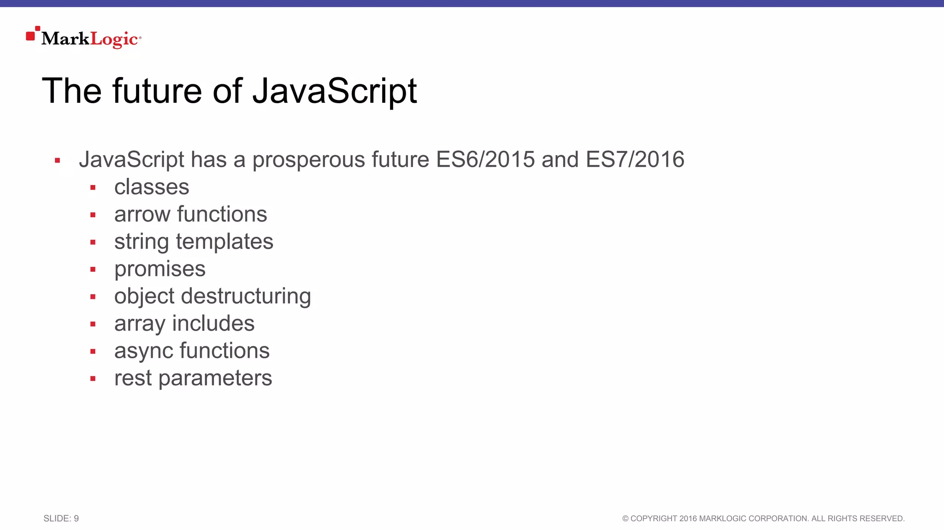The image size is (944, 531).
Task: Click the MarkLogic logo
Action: pyautogui.click(x=84, y=38)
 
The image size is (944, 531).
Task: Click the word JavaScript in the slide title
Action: pyautogui.click(x=335, y=91)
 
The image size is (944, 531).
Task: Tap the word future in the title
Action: pyautogui.click(x=157, y=91)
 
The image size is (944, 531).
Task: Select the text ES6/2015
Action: pyautogui.click(x=485, y=160)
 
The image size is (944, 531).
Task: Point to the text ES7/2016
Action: pyautogui.click(x=635, y=160)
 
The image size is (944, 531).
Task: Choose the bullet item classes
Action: pyautogui.click(x=152, y=187)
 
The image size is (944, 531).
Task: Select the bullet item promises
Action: pyautogui.click(x=159, y=269)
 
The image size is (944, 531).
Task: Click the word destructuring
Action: pyautogui.click(x=246, y=297)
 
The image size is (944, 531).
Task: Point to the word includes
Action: pyautogui.click(x=213, y=324)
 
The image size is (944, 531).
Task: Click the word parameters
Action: pyautogui.click(x=215, y=379)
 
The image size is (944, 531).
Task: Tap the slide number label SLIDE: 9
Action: pyautogui.click(x=61, y=519)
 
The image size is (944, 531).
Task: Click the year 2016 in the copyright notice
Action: pyautogui.click(x=688, y=519)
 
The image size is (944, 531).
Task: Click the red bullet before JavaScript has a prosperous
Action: pyautogui.click(x=57, y=161)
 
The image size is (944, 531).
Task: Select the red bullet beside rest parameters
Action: pyautogui.click(x=93, y=379)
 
